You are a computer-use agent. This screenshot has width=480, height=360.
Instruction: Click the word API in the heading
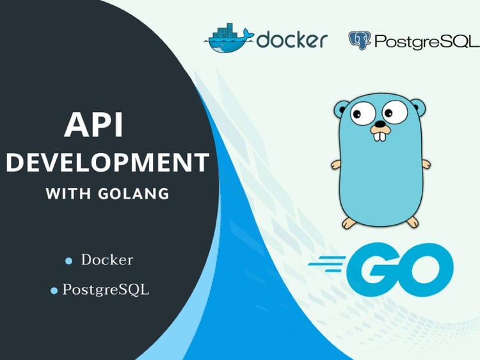click(93, 125)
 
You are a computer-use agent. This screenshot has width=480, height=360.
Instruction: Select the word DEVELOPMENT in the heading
click(108, 162)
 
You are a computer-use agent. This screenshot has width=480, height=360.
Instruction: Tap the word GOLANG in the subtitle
click(134, 193)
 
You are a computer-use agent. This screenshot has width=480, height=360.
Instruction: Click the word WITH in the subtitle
click(68, 193)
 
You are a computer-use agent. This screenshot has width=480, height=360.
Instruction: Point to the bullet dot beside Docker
click(68, 261)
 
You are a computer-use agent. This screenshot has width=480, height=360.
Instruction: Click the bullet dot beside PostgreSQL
click(54, 291)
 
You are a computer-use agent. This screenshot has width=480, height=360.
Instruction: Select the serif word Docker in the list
click(107, 260)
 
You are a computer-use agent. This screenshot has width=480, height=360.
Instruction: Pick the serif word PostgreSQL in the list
click(106, 290)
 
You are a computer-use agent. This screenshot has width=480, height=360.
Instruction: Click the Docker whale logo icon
click(229, 38)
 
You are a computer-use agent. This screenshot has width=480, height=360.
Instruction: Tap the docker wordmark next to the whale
click(292, 39)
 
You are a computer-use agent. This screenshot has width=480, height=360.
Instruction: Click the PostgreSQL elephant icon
click(360, 40)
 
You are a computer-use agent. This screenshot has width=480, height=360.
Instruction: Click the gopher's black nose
click(380, 124)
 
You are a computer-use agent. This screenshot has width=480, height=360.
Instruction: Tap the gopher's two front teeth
click(380, 136)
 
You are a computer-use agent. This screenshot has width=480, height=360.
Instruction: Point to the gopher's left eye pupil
click(357, 114)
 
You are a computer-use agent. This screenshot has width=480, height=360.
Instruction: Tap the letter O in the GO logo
click(426, 270)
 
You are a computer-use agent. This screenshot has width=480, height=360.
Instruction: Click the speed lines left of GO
click(327, 264)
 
